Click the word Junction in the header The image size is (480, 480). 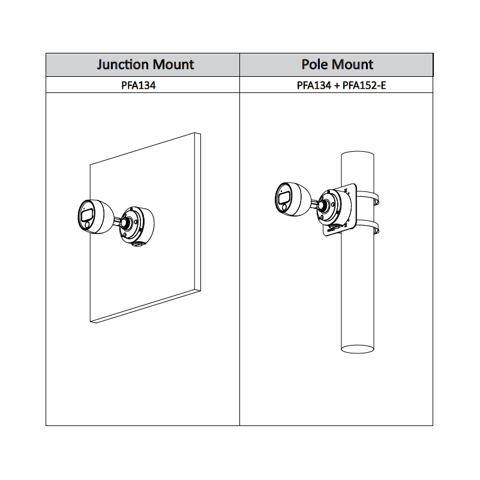coord(123,65)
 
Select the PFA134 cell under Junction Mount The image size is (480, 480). coord(139,85)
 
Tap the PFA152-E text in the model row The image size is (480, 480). coord(364,85)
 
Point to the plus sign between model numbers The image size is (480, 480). coord(337,85)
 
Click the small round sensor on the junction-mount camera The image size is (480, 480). coord(87,225)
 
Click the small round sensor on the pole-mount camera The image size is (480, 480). coord(284,208)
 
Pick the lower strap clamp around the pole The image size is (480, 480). coord(368,227)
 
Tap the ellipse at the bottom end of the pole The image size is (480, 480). coord(358,349)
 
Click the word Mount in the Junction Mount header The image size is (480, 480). coord(173,65)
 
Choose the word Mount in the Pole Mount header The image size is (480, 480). coord(353,65)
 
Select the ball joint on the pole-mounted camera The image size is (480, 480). coord(322,205)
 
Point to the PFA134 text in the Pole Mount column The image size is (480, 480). coord(314,85)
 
